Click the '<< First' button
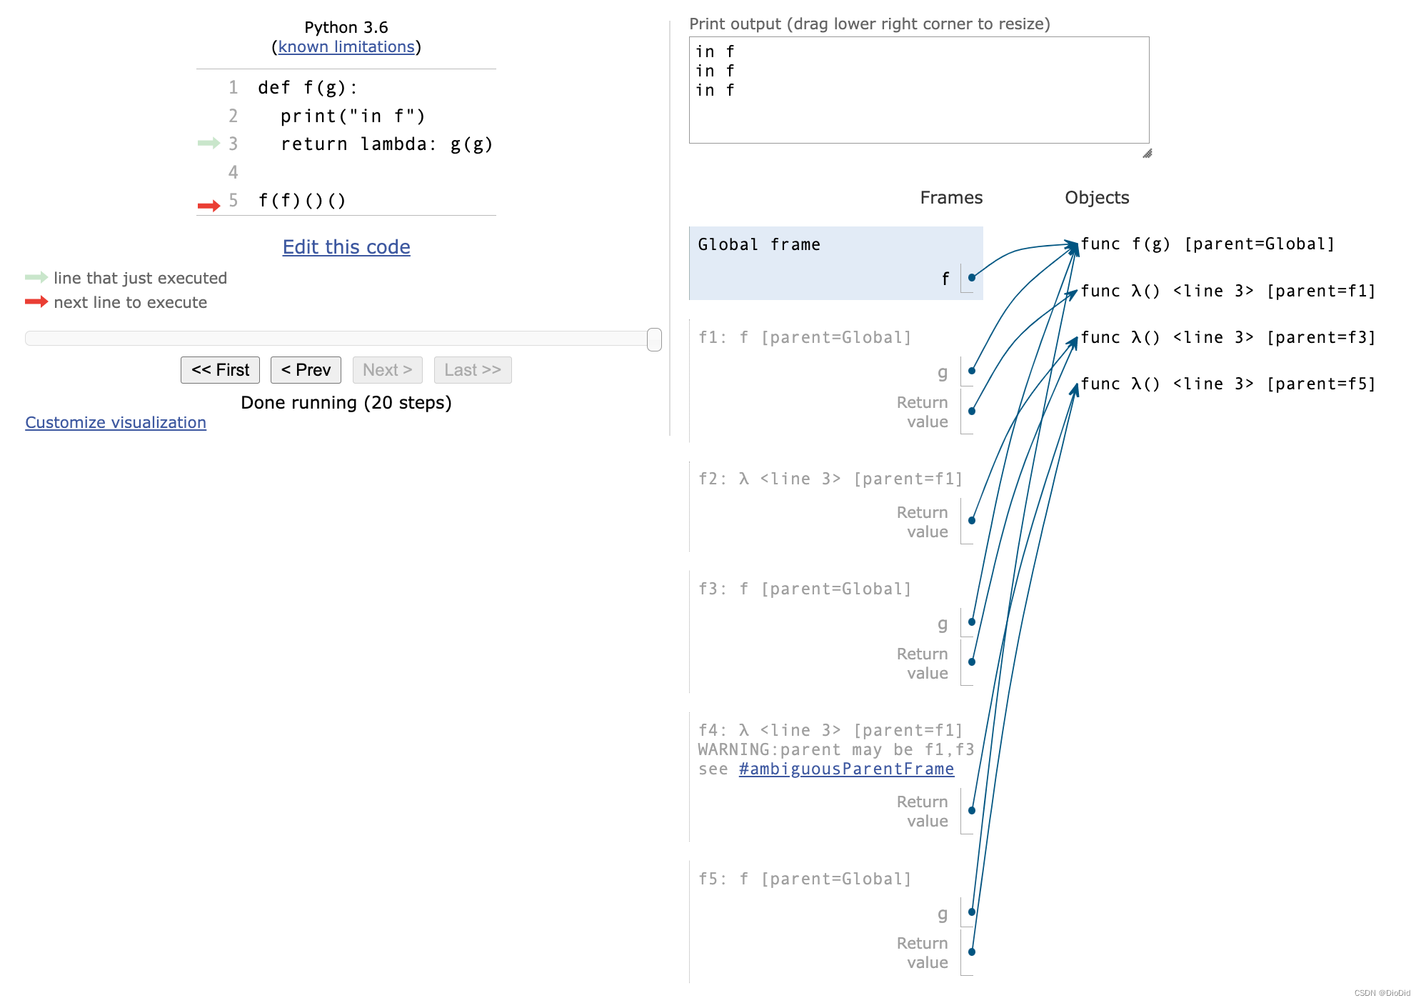[220, 370]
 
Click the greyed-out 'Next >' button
[387, 370]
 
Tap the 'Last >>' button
[472, 370]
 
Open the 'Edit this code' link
[346, 247]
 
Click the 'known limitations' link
[346, 47]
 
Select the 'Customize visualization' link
[116, 423]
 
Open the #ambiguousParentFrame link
[846, 769]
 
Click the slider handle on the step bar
[654, 339]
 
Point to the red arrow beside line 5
[209, 206]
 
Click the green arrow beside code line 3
[209, 144]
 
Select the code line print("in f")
[353, 116]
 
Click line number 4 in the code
[233, 172]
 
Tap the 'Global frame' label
[759, 245]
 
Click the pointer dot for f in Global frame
[971, 278]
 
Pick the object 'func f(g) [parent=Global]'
[1207, 244]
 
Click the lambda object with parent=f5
[1227, 384]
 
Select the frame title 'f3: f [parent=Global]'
[805, 589]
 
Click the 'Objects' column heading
[1097, 198]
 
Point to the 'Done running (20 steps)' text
[346, 403]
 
